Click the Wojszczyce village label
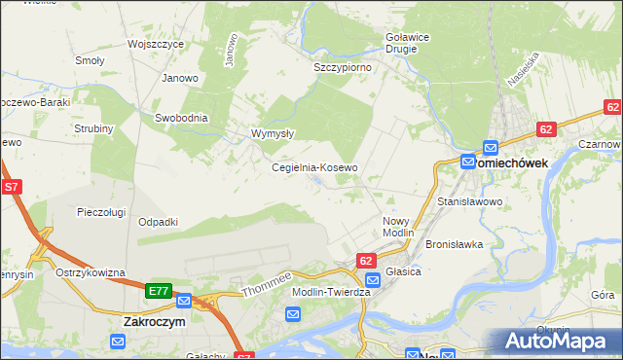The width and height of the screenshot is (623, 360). point(156,45)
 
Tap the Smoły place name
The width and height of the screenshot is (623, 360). point(90,60)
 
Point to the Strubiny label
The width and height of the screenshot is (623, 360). point(93,128)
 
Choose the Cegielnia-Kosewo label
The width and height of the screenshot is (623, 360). point(314,167)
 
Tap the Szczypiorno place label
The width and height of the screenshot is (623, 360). point(339,68)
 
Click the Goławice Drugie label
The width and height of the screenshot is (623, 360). point(402,44)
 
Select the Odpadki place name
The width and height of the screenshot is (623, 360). point(158,222)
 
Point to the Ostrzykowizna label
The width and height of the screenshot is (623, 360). point(92,272)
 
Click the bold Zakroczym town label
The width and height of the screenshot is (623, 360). point(155,321)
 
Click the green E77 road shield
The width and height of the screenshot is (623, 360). point(159,291)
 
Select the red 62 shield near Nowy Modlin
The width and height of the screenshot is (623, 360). point(366,261)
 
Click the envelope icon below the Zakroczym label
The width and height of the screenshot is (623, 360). point(118,342)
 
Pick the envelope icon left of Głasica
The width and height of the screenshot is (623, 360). point(373,280)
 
